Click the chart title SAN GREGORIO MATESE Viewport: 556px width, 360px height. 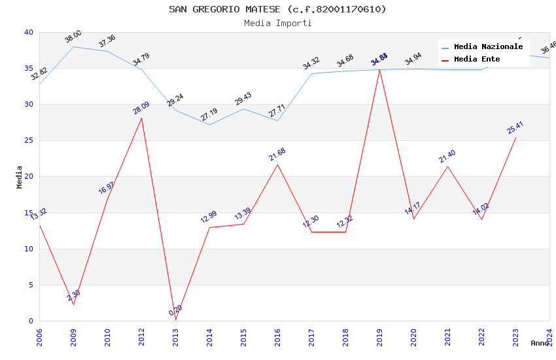(277, 9)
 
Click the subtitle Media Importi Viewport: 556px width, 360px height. (277, 23)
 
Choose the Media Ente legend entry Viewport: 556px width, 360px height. (477, 60)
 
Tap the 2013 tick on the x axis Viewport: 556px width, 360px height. (175, 336)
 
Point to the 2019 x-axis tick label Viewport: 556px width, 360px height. (379, 336)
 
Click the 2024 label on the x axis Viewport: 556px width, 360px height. (549, 336)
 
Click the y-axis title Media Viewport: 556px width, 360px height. (20, 177)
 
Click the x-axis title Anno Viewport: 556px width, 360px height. (540, 343)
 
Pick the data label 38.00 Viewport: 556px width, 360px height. (73, 37)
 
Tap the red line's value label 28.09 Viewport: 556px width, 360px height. (141, 108)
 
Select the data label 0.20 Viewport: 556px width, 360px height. (176, 310)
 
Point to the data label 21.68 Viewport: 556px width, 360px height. (277, 154)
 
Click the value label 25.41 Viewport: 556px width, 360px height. (515, 128)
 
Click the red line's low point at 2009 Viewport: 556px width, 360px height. (73, 304)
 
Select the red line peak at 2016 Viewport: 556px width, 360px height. (277, 164)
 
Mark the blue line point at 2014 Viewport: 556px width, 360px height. (209, 124)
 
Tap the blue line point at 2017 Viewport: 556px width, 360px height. (311, 73)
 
